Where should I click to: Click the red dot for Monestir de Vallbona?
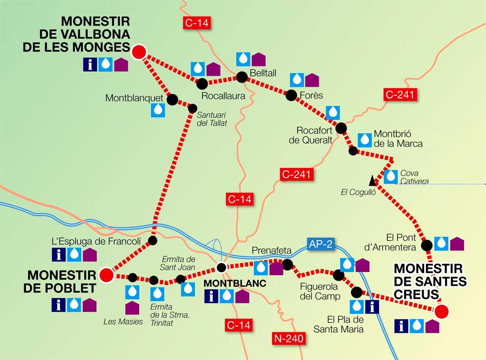click(x=139, y=52)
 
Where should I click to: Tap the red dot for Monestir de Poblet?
click(x=106, y=275)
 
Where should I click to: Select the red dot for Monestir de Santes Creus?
click(x=441, y=311)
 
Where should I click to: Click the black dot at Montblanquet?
click(x=172, y=99)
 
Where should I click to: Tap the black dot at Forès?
click(x=292, y=95)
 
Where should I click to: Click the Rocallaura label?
click(x=224, y=95)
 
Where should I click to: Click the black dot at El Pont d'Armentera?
click(x=427, y=245)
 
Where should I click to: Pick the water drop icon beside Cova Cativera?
click(x=391, y=176)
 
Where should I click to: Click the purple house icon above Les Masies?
click(x=132, y=308)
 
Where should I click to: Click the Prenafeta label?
click(x=272, y=251)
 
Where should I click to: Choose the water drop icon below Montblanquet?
click(x=158, y=110)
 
